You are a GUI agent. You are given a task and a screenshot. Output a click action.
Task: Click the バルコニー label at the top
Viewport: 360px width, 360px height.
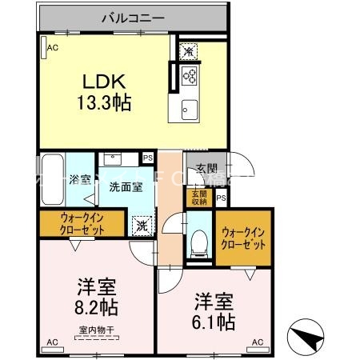pyautogui.click(x=133, y=16)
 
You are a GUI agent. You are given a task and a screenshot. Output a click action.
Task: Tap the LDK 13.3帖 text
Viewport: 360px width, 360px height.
pyautogui.click(x=103, y=92)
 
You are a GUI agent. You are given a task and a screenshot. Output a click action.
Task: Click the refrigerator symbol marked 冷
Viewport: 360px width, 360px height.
pyautogui.click(x=189, y=51)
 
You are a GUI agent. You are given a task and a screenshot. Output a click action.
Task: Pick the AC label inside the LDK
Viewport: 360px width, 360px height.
pyautogui.click(x=52, y=49)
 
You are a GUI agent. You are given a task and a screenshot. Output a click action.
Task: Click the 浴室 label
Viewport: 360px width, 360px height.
pyautogui.click(x=80, y=179)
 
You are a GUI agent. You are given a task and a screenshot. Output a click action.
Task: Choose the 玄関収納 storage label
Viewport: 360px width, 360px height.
pyautogui.click(x=196, y=197)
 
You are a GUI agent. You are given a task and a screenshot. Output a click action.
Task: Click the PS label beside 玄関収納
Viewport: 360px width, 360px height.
pyautogui.click(x=221, y=198)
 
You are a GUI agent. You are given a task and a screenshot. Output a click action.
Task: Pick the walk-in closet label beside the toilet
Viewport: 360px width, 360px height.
pyautogui.click(x=243, y=238)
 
